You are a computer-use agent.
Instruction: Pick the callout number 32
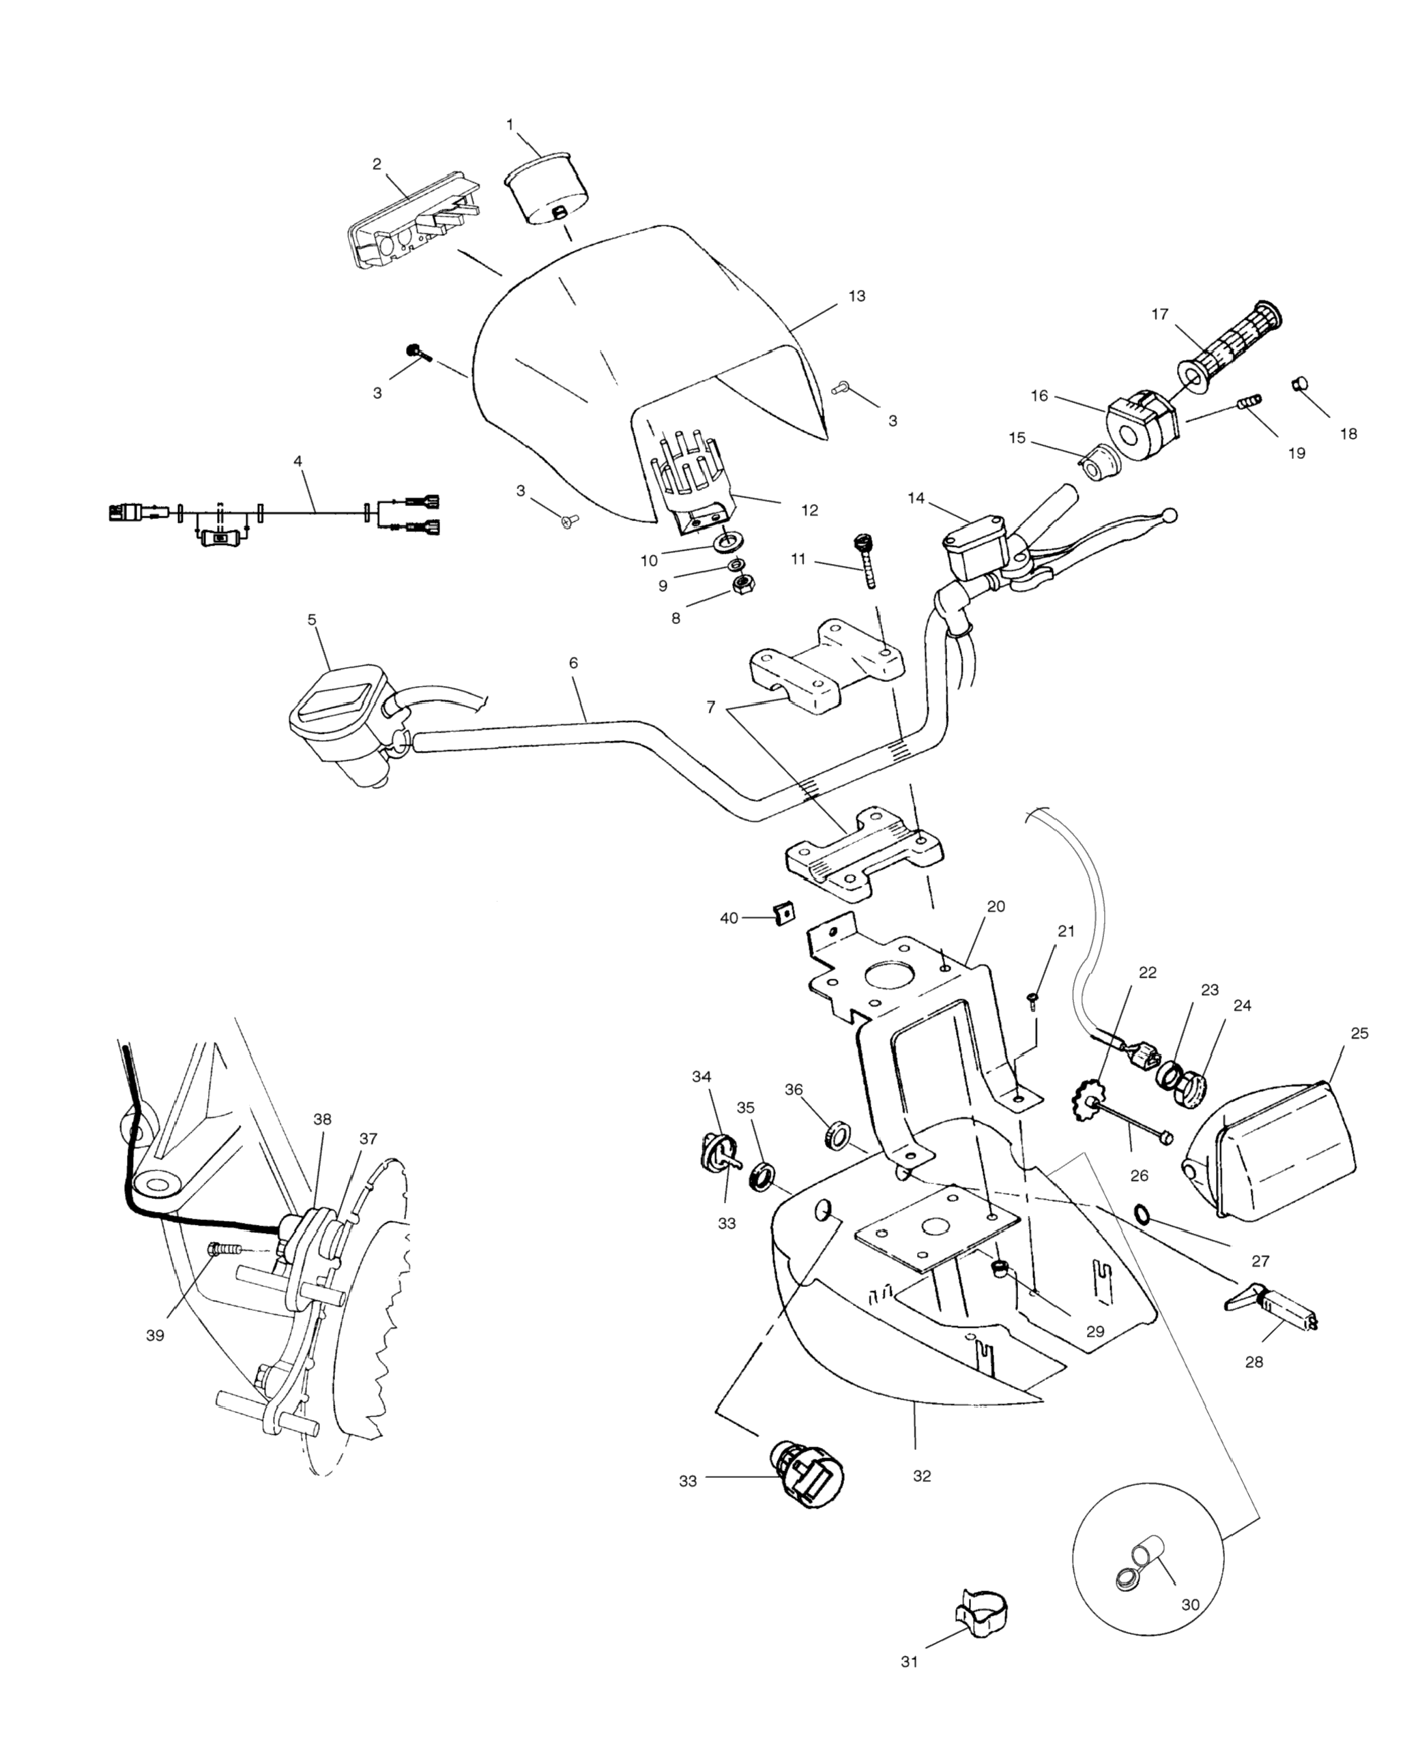pyautogui.click(x=922, y=1477)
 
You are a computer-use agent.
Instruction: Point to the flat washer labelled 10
pyautogui.click(x=727, y=542)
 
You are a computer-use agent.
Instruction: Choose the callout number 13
pyautogui.click(x=857, y=296)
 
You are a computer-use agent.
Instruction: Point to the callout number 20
pyautogui.click(x=996, y=906)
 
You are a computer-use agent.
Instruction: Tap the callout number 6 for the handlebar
pyautogui.click(x=573, y=662)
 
